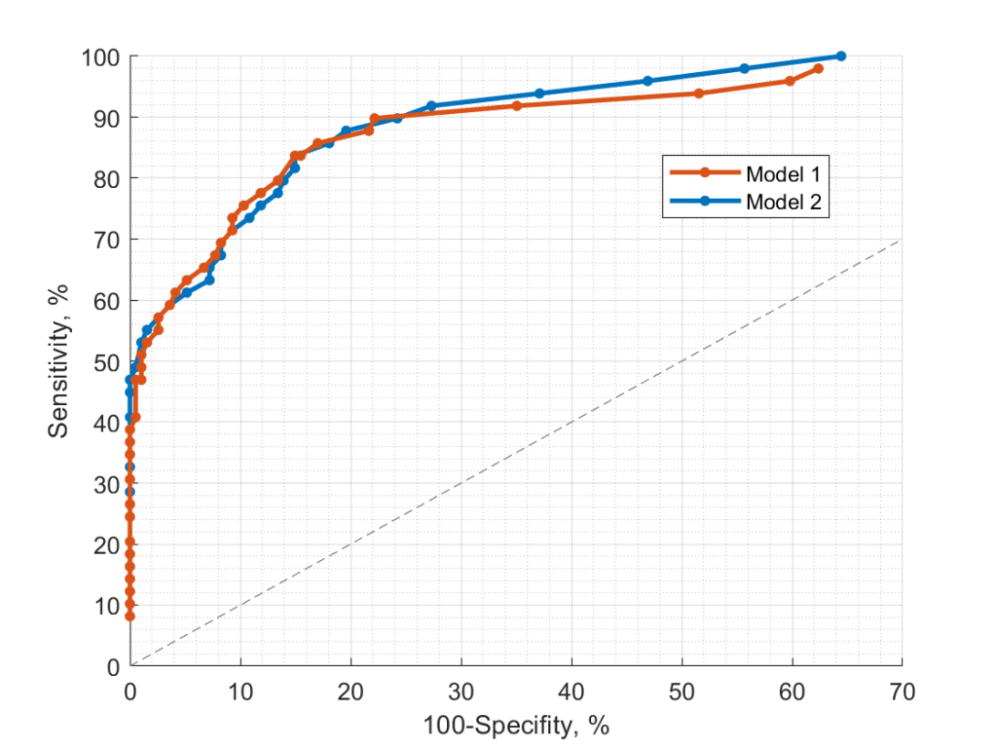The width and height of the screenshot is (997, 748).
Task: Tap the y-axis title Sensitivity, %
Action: click(x=60, y=361)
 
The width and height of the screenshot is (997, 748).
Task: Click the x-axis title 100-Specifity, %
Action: click(x=516, y=726)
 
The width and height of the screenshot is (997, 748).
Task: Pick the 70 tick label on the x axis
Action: click(x=902, y=692)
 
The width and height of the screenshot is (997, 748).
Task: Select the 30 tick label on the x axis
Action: click(x=461, y=692)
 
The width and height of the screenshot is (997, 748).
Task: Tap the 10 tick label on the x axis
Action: click(x=240, y=692)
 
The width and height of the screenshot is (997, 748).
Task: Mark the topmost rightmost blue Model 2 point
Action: click(x=841, y=56)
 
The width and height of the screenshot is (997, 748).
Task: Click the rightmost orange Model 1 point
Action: click(x=818, y=68)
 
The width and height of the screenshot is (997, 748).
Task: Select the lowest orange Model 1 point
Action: click(x=129, y=616)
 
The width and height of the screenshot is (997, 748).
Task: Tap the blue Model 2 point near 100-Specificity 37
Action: click(x=539, y=93)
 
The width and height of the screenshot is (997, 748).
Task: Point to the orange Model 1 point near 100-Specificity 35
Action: click(x=516, y=105)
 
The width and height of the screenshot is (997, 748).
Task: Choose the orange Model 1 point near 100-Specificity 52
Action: click(x=698, y=93)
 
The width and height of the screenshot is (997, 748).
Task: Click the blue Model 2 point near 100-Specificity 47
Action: click(x=647, y=81)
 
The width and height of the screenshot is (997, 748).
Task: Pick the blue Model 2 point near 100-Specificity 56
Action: click(x=744, y=68)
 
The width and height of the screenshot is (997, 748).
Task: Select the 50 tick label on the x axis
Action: click(x=682, y=692)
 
